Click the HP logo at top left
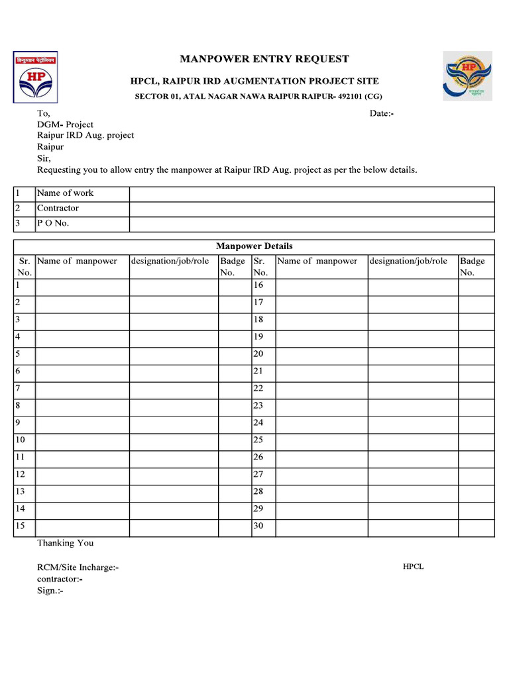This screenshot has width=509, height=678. click(35, 77)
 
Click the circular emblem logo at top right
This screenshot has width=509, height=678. click(468, 77)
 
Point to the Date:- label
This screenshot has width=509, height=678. click(382, 113)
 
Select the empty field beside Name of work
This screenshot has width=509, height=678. click(311, 193)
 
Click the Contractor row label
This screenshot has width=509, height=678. click(58, 209)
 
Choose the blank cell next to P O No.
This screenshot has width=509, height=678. click(311, 224)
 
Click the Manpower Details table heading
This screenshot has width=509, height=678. click(254, 246)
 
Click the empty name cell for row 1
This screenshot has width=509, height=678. click(82, 287)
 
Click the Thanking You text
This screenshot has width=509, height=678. click(65, 543)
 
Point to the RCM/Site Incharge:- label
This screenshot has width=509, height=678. click(78, 567)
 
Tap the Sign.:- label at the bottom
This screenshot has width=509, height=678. click(50, 591)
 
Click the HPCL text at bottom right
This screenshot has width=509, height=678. click(413, 567)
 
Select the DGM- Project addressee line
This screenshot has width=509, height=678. click(65, 124)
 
